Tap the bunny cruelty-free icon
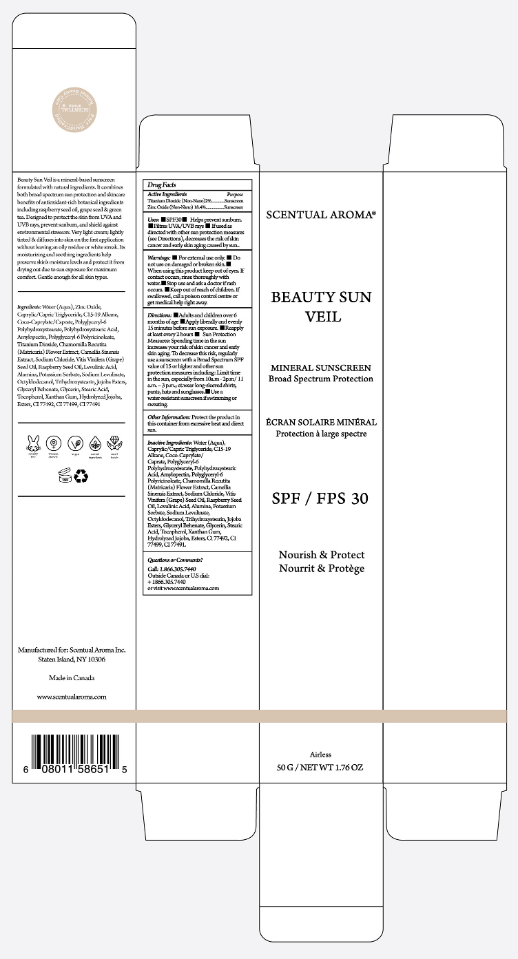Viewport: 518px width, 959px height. [x=32, y=443]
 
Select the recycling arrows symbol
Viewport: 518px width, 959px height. [x=81, y=475]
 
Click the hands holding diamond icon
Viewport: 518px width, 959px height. [x=114, y=443]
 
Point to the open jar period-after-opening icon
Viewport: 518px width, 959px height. [x=65, y=475]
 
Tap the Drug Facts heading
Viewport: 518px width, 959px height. [x=160, y=185]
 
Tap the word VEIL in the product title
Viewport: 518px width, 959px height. [x=321, y=317]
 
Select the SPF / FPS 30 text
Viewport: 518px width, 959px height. [x=321, y=499]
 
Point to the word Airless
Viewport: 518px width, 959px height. [x=321, y=755]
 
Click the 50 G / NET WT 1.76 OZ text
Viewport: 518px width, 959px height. [x=320, y=768]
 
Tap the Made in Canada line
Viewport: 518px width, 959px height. [x=72, y=678]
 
